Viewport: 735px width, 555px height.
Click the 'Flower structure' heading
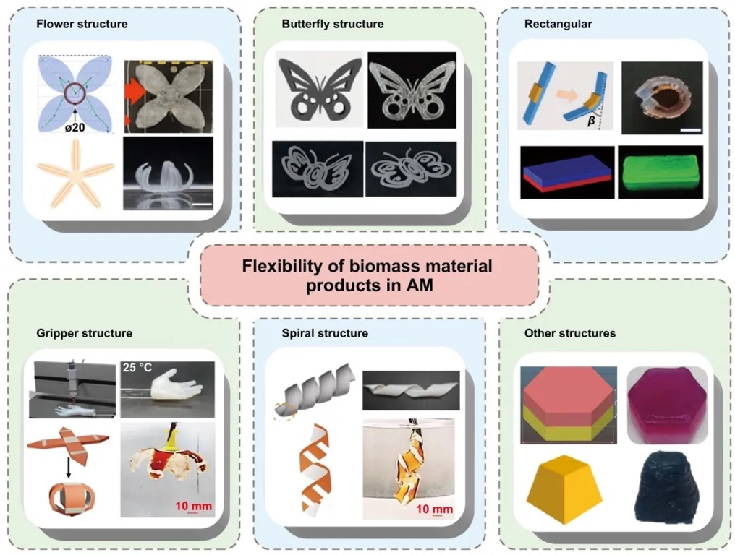pos(82,24)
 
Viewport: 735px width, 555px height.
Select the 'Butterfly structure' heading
pos(332,24)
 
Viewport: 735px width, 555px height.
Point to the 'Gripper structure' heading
pos(84,333)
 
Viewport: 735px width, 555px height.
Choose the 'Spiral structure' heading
pos(325,333)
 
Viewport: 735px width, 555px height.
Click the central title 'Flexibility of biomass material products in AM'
pos(367,275)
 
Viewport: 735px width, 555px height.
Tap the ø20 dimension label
pos(77,128)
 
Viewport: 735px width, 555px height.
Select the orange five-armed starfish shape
pos(76,174)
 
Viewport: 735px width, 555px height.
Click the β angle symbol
pos(591,122)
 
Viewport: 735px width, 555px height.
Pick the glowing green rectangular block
pos(657,173)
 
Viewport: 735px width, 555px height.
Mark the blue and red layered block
pos(567,173)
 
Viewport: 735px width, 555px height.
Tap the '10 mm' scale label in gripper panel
pos(194,506)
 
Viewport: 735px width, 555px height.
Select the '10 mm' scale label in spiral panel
pos(436,509)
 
